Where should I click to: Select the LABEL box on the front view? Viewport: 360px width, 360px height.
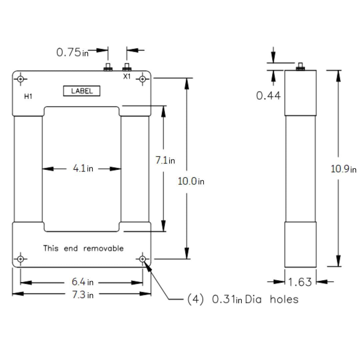(x=82, y=91)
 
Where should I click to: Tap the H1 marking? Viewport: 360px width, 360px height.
(x=28, y=97)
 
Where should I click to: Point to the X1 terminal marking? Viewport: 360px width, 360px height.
(x=127, y=77)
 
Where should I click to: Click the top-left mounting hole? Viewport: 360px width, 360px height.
(x=21, y=79)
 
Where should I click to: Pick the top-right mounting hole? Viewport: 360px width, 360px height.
(x=143, y=79)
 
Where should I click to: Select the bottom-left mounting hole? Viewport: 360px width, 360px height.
(x=21, y=259)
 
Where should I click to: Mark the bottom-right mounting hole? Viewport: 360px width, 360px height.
(x=143, y=259)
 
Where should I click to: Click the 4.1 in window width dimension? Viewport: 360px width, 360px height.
(x=83, y=169)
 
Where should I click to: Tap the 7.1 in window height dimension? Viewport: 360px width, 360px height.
(x=165, y=160)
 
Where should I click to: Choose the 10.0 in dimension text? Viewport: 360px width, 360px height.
(x=191, y=181)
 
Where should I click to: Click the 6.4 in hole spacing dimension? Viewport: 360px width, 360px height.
(x=82, y=282)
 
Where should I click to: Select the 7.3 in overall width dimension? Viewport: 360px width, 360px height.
(x=82, y=295)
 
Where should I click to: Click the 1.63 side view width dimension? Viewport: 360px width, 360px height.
(x=300, y=282)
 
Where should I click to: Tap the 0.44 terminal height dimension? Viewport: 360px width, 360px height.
(x=268, y=96)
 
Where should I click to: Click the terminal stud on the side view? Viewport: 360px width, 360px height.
(x=300, y=67)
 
